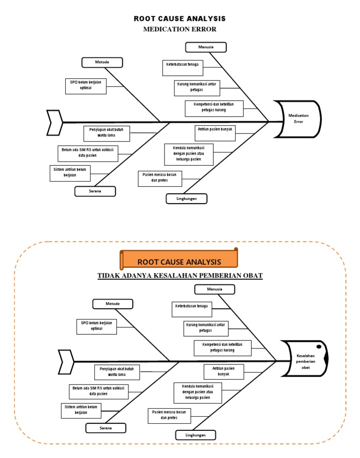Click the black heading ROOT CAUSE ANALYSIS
point(180,19)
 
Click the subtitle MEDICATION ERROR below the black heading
point(180,30)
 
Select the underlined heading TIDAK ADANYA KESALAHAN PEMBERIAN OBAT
point(180,275)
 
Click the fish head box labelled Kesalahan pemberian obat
point(306,362)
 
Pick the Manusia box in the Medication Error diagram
point(206,47)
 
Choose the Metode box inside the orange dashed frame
point(112,304)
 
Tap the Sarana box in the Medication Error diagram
point(95,191)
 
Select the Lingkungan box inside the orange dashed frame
point(196,435)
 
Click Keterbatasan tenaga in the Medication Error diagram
point(183,68)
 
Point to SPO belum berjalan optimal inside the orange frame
point(97,326)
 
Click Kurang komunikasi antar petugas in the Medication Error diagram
point(196,87)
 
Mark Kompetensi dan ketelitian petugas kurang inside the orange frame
point(222,347)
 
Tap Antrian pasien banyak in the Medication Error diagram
point(215,130)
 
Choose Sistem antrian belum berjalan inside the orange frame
point(81,410)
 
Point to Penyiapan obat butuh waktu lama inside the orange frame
point(117,372)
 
